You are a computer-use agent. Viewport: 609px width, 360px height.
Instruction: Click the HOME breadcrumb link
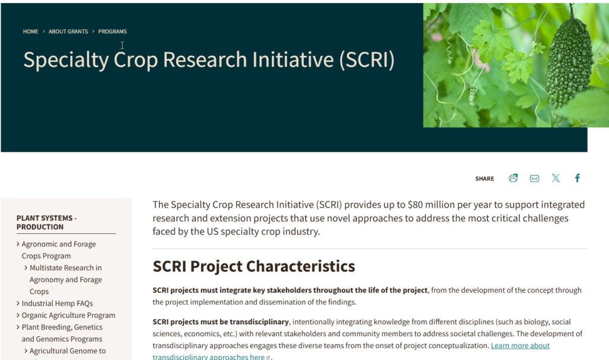tap(30, 32)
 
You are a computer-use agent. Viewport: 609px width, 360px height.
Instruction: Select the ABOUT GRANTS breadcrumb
tap(68, 32)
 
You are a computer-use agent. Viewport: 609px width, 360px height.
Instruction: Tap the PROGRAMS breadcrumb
tap(112, 32)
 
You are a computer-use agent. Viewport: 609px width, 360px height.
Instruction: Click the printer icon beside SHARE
tap(513, 178)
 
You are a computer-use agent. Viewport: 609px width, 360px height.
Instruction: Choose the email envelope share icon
tap(535, 179)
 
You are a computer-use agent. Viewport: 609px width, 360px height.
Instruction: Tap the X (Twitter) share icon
tap(556, 178)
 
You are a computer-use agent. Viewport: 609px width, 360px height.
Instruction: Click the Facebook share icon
tap(577, 178)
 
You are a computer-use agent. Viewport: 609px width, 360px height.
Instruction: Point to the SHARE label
tap(485, 179)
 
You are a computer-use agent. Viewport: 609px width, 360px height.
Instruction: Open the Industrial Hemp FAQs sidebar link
tap(57, 303)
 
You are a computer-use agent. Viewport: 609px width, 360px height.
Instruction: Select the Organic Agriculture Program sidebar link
tap(68, 315)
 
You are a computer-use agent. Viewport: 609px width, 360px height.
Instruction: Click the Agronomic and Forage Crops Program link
tap(59, 250)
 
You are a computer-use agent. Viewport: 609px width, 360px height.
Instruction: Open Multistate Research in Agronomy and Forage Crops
tap(65, 280)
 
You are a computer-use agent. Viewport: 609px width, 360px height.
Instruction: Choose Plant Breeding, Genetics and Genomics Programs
tap(62, 333)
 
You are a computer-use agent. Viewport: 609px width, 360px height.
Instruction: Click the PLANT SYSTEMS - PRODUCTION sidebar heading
tap(46, 223)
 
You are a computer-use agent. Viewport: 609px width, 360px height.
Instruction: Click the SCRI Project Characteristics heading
tap(253, 267)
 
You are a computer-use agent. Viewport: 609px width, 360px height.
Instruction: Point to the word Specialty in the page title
tap(66, 60)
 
